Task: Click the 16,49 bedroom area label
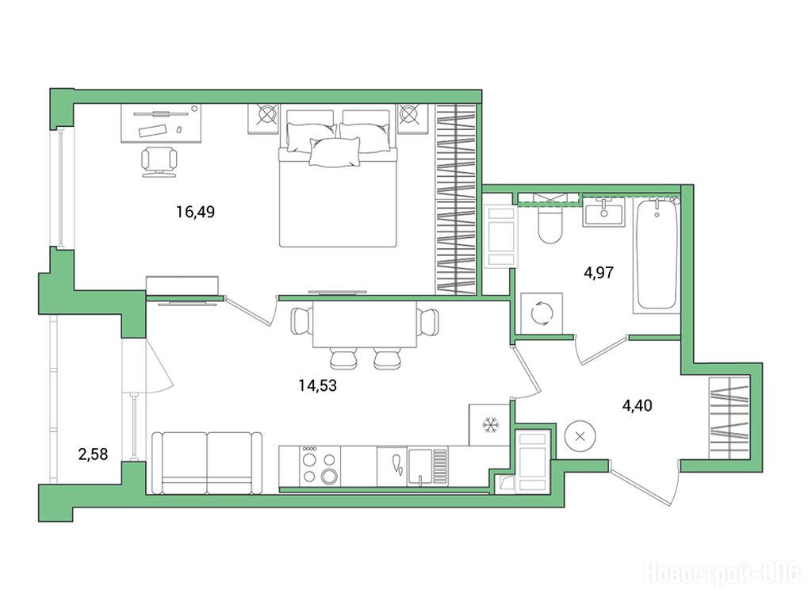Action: coord(195,212)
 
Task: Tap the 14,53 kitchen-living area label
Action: coord(317,385)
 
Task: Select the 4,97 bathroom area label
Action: coord(599,273)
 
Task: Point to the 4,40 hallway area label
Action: coord(637,405)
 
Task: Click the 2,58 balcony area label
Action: coord(94,454)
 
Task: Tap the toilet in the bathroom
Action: coord(550,224)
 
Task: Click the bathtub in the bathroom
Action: coord(657,255)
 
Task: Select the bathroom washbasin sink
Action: coord(603,213)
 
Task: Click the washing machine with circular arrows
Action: coord(542,313)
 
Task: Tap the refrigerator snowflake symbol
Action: coord(489,426)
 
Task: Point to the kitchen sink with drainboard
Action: coord(427,466)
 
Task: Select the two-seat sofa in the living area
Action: coord(207,463)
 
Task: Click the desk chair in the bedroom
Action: coord(159,162)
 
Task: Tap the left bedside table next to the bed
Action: coord(264,119)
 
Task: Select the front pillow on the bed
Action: coord(335,151)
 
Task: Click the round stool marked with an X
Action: coord(580,436)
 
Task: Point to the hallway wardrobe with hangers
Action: coord(730,417)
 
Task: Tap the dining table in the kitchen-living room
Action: coord(365,324)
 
